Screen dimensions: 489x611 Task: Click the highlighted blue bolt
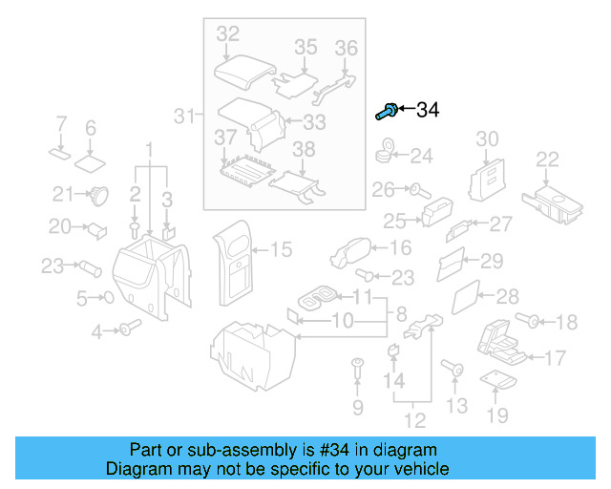[386, 112]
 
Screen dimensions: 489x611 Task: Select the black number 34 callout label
[427, 111]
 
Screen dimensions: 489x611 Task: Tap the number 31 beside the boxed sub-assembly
[183, 117]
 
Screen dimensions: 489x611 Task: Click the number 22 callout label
[547, 159]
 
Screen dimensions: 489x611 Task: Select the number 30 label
[487, 139]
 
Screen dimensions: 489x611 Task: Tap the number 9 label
[358, 409]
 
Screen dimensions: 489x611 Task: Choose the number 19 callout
[497, 415]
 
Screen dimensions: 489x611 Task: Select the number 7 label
[60, 124]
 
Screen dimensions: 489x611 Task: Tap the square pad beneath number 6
[92, 159]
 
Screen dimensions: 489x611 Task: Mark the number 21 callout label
[63, 195]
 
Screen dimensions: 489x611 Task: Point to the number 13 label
[457, 407]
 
